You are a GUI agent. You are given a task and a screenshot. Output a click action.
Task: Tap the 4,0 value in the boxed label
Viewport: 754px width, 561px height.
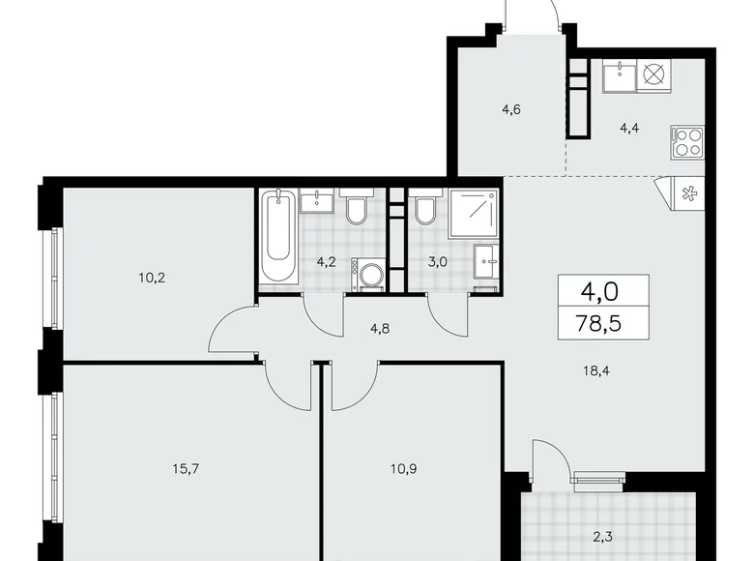[x=602, y=290]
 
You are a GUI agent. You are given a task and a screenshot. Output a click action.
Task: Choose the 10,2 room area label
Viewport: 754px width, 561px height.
[x=151, y=276]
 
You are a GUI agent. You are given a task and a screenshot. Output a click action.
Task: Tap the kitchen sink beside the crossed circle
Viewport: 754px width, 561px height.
[x=619, y=74]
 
